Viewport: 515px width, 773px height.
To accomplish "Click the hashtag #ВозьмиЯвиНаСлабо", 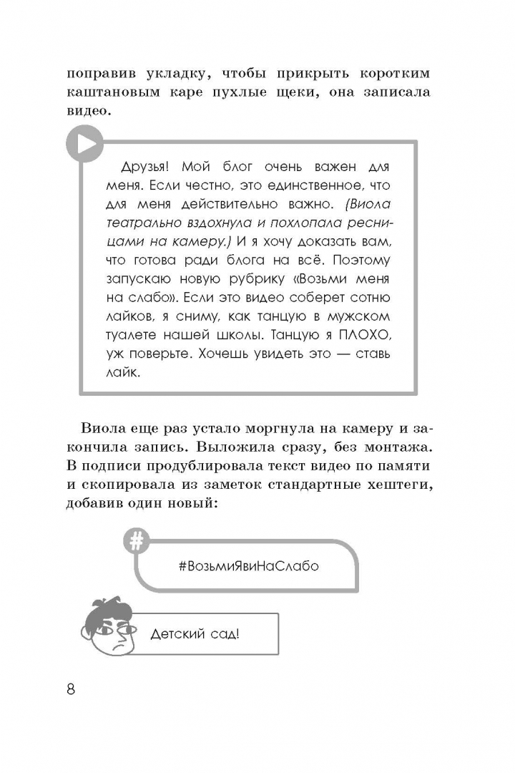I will point(248,565).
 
